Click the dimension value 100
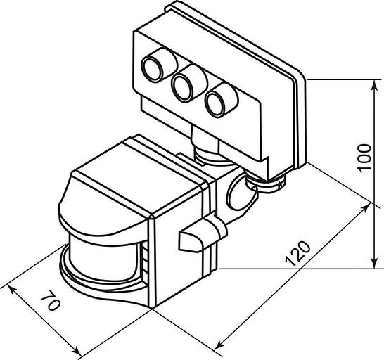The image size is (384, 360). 364,158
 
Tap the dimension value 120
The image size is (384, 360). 298,254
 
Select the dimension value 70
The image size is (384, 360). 51,300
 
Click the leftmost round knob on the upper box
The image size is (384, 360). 159,64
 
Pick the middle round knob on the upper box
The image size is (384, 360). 189,83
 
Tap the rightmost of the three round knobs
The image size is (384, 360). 222,100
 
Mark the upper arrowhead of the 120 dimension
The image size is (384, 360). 365,209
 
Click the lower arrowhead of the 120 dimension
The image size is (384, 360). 219,345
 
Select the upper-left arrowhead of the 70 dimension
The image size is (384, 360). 12,290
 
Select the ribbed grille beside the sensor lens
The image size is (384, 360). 145,264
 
